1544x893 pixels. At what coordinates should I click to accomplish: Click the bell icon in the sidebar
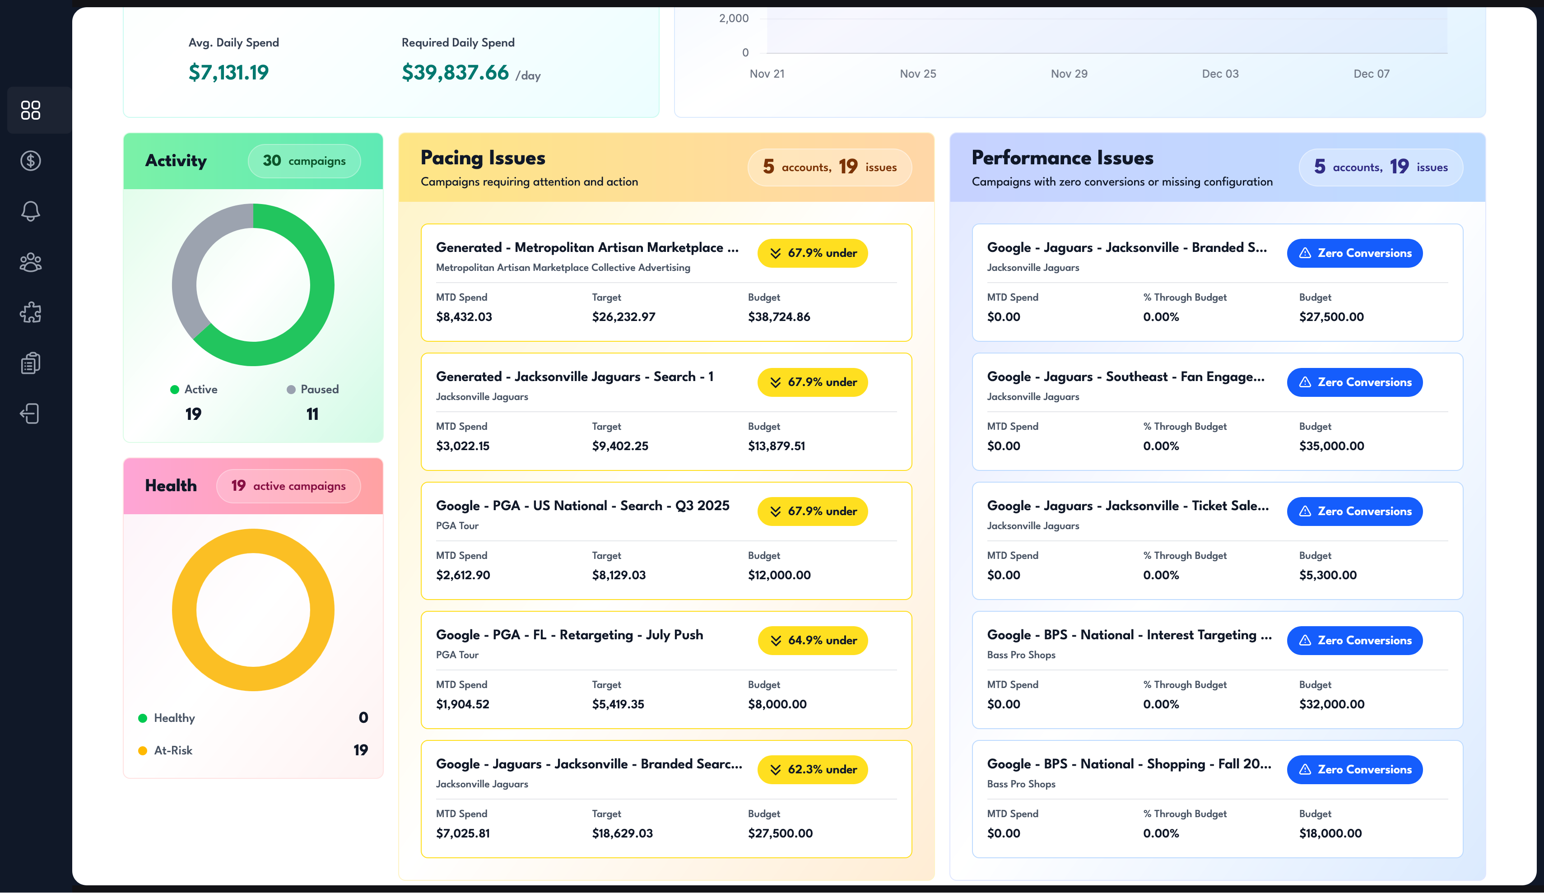click(31, 211)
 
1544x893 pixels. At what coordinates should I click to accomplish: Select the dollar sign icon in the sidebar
click(31, 161)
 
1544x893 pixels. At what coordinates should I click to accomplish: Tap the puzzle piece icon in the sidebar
click(31, 312)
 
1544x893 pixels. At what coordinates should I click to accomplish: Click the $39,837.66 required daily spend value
click(455, 72)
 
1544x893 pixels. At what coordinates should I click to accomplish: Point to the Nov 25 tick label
click(918, 74)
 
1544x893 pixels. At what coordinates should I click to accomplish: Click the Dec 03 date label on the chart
click(1220, 74)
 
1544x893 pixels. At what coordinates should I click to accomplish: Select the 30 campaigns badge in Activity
click(304, 161)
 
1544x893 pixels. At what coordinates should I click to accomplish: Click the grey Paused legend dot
click(291, 390)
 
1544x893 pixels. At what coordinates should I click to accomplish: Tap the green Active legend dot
click(175, 390)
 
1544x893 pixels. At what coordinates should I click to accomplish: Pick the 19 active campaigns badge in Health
click(288, 486)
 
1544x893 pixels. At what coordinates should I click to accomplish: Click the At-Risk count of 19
click(360, 750)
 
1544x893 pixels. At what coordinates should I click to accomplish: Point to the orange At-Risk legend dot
click(143, 751)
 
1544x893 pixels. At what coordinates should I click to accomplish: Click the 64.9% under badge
click(813, 641)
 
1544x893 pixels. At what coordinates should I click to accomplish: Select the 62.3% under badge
click(813, 770)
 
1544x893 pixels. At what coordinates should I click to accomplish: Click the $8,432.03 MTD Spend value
click(464, 317)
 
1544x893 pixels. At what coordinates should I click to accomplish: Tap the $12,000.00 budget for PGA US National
click(779, 575)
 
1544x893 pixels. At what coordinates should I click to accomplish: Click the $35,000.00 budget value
click(1331, 446)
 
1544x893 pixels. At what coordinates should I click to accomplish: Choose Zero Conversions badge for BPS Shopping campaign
click(1355, 770)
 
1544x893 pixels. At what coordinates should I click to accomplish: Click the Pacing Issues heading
click(483, 158)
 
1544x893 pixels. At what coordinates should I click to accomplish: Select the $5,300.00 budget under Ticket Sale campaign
click(1328, 575)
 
